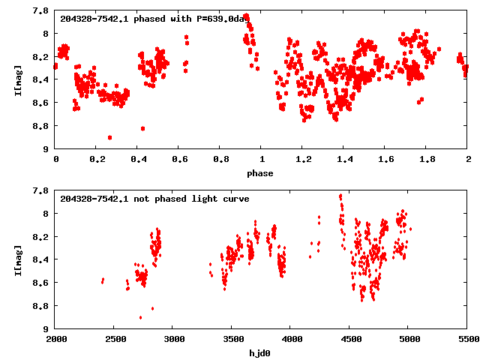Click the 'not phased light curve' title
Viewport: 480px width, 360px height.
(154, 198)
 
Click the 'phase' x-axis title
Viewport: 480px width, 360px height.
(262, 173)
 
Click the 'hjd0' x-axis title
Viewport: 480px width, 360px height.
(262, 352)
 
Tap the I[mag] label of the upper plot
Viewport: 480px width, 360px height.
(17, 79)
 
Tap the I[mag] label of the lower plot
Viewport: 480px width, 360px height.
(17, 259)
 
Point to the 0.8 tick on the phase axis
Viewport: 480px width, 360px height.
(220, 160)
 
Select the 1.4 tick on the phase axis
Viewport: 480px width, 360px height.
(344, 160)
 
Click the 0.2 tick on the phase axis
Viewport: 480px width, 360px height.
(97, 160)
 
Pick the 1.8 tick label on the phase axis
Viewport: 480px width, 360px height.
(427, 160)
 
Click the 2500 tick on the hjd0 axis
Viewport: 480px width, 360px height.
(115, 340)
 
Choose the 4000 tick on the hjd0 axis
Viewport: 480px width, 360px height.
(291, 340)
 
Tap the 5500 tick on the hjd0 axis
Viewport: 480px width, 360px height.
(467, 340)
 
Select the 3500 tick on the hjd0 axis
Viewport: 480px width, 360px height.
(232, 340)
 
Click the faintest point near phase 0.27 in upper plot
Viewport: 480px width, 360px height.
(110, 137)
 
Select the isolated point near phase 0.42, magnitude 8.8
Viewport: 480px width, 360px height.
(142, 128)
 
